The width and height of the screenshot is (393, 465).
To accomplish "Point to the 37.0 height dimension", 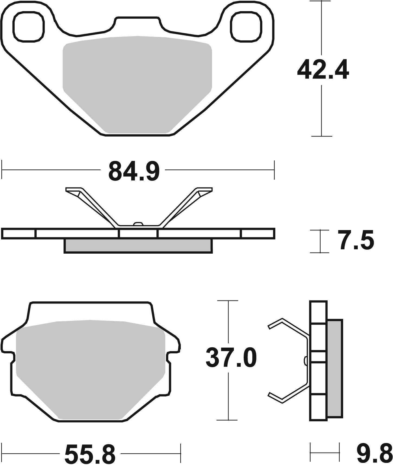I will pyautogui.click(x=231, y=358).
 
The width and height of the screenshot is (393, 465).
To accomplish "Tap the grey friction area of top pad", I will pyautogui.click(x=137, y=81).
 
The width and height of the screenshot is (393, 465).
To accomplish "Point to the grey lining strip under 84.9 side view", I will pyautogui.click(x=138, y=246).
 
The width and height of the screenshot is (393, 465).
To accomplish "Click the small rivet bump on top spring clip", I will pyautogui.click(x=138, y=224).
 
